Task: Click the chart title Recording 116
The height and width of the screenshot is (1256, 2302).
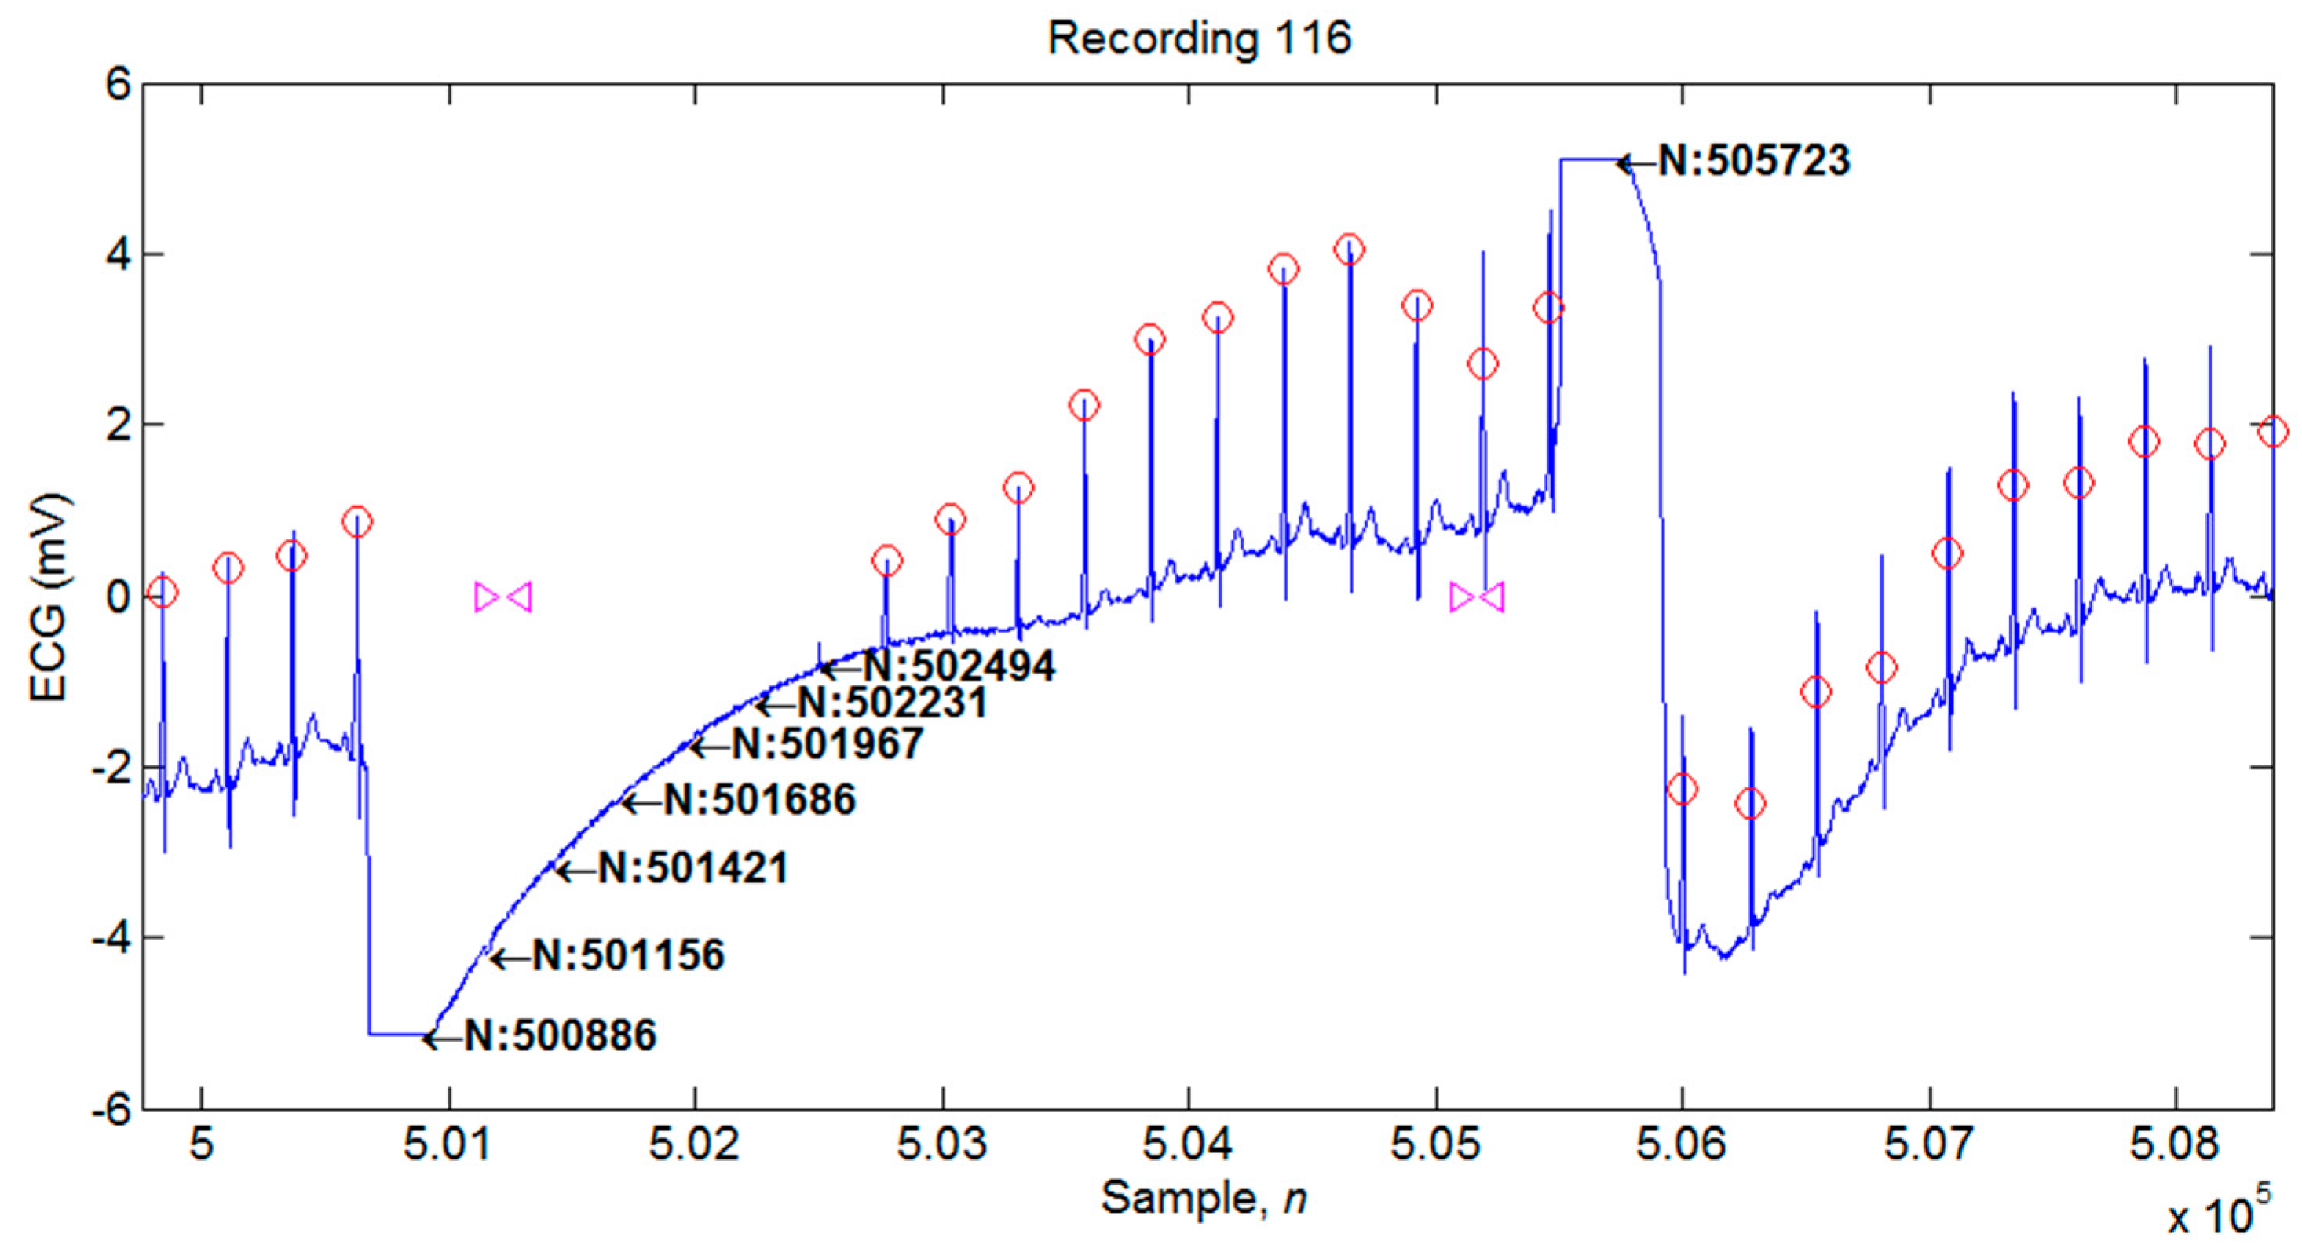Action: pyautogui.click(x=1199, y=39)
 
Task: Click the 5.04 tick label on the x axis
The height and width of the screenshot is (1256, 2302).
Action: pyautogui.click(x=1189, y=1145)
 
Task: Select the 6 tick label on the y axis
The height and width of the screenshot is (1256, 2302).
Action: pyautogui.click(x=119, y=86)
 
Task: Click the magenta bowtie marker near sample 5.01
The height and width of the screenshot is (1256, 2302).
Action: pyautogui.click(x=503, y=597)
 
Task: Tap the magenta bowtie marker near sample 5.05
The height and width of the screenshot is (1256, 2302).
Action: pyautogui.click(x=1476, y=597)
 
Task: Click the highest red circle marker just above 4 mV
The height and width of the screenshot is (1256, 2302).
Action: pyautogui.click(x=1350, y=249)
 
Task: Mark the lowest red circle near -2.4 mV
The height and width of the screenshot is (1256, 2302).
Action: pyautogui.click(x=1751, y=804)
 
